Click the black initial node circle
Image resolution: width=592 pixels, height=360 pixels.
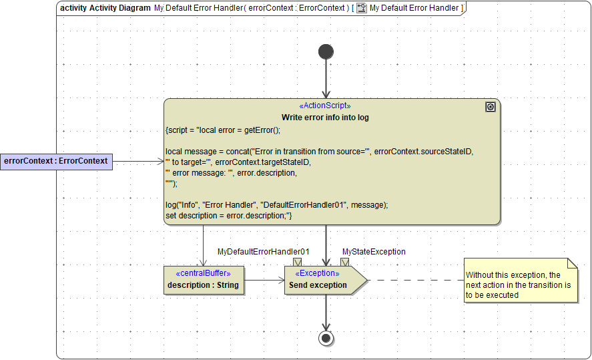point(326,51)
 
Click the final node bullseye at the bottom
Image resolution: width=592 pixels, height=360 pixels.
point(326,338)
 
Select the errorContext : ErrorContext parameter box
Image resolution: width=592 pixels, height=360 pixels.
point(56,161)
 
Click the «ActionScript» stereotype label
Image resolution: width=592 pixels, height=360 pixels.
point(325,106)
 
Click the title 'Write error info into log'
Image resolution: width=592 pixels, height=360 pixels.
point(325,118)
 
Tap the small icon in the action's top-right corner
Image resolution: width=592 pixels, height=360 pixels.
point(491,107)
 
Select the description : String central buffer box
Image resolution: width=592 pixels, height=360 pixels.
point(204,279)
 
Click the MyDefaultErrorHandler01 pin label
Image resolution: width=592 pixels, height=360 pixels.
point(263,252)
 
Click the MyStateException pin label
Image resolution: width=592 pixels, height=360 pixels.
point(374,252)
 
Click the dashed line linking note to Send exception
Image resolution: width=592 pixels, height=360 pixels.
point(414,280)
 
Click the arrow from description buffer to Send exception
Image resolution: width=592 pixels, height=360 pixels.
point(264,281)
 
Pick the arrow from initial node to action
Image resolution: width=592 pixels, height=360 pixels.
point(326,80)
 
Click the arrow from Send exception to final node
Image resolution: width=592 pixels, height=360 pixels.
point(326,311)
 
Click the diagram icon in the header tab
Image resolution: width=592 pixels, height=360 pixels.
point(361,8)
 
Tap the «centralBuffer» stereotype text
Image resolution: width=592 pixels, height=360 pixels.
point(203,273)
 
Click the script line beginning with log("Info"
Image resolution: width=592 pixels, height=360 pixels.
point(276,205)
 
